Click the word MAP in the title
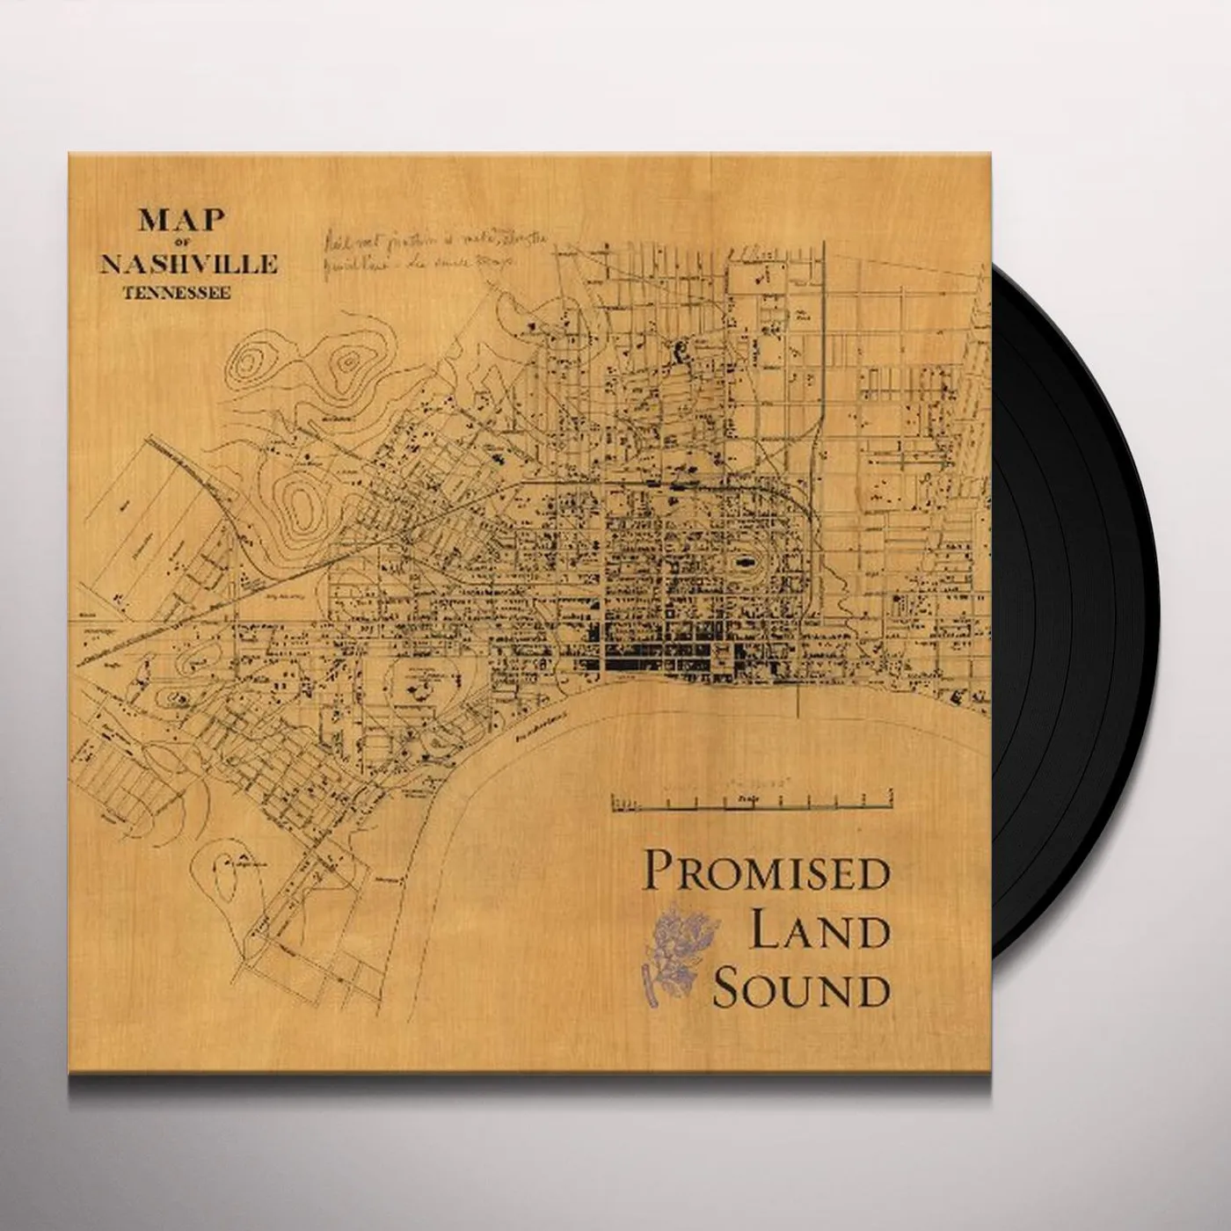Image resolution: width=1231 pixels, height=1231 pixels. point(180,221)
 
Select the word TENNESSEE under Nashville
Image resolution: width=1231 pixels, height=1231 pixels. point(180,295)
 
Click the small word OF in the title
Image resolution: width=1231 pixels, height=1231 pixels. point(180,244)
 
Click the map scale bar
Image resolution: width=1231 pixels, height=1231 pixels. point(751,800)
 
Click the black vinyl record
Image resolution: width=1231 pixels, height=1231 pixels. point(1108,615)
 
